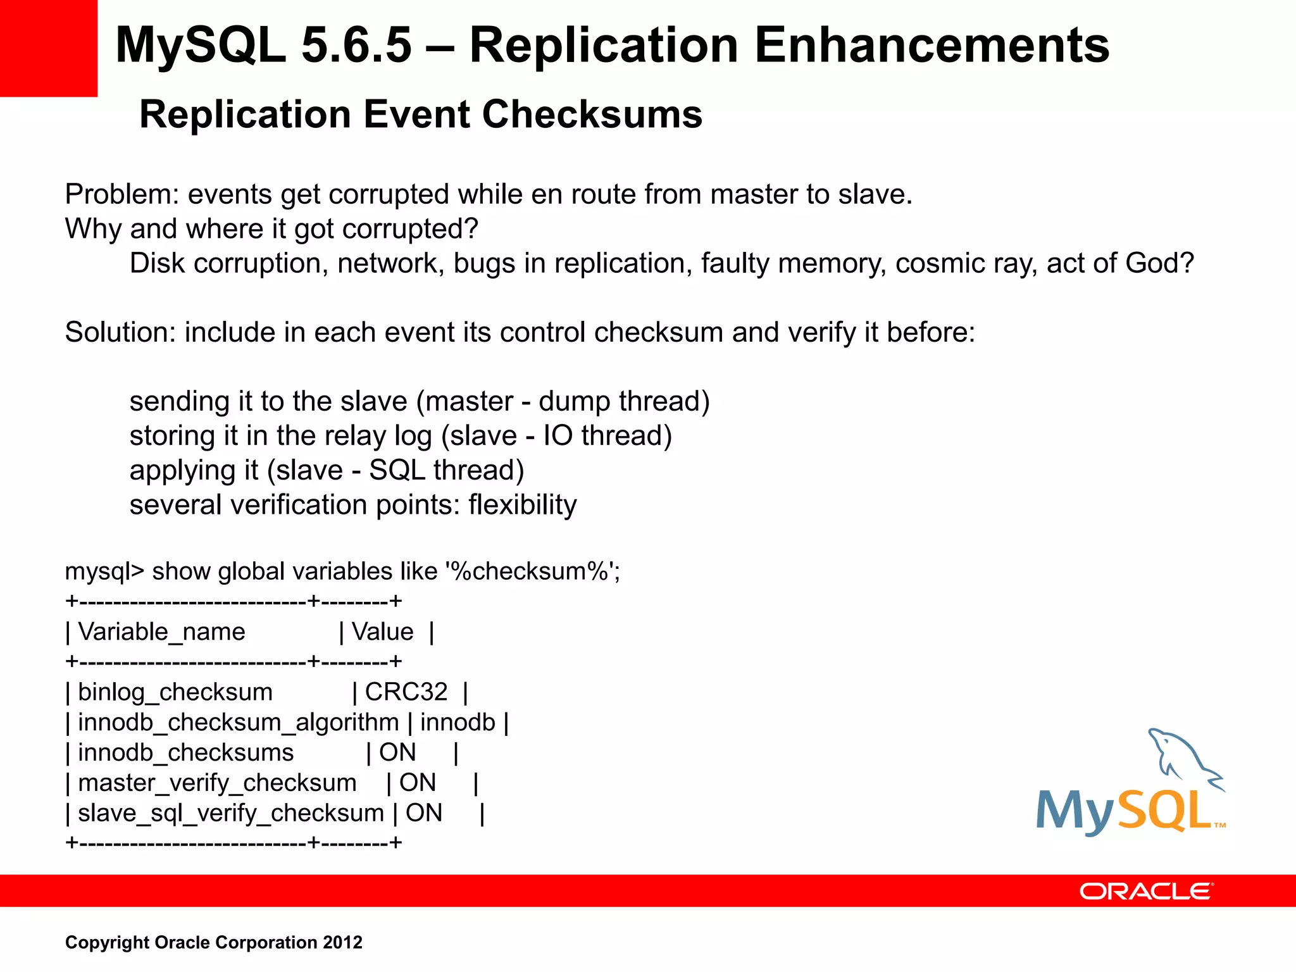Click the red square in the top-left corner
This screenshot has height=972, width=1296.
pos(48,48)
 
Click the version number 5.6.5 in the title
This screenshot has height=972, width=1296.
pos(356,46)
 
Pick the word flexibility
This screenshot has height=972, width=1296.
pos(523,505)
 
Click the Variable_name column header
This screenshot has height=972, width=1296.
pos(161,632)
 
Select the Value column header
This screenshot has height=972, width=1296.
pos(382,632)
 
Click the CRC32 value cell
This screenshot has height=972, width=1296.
pos(406,692)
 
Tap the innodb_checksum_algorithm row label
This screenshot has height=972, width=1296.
pos(238,722)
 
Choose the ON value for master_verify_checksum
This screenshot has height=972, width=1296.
pos(418,783)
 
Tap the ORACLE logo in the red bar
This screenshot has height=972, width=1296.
pos(1146,891)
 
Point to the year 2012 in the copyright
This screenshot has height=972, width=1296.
pos(342,942)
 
